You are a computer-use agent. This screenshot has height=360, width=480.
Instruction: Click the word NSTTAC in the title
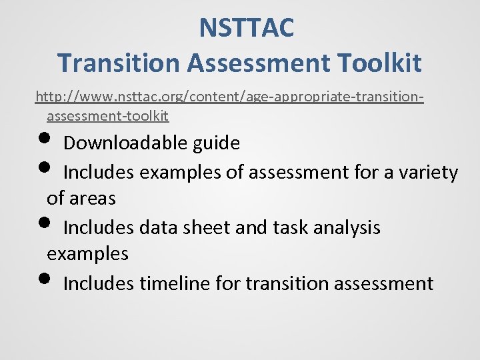click(246, 29)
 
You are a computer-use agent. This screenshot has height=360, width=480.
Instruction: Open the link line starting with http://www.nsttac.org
click(230, 97)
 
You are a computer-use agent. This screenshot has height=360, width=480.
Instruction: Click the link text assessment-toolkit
click(107, 116)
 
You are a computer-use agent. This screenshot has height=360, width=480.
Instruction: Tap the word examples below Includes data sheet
click(87, 254)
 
